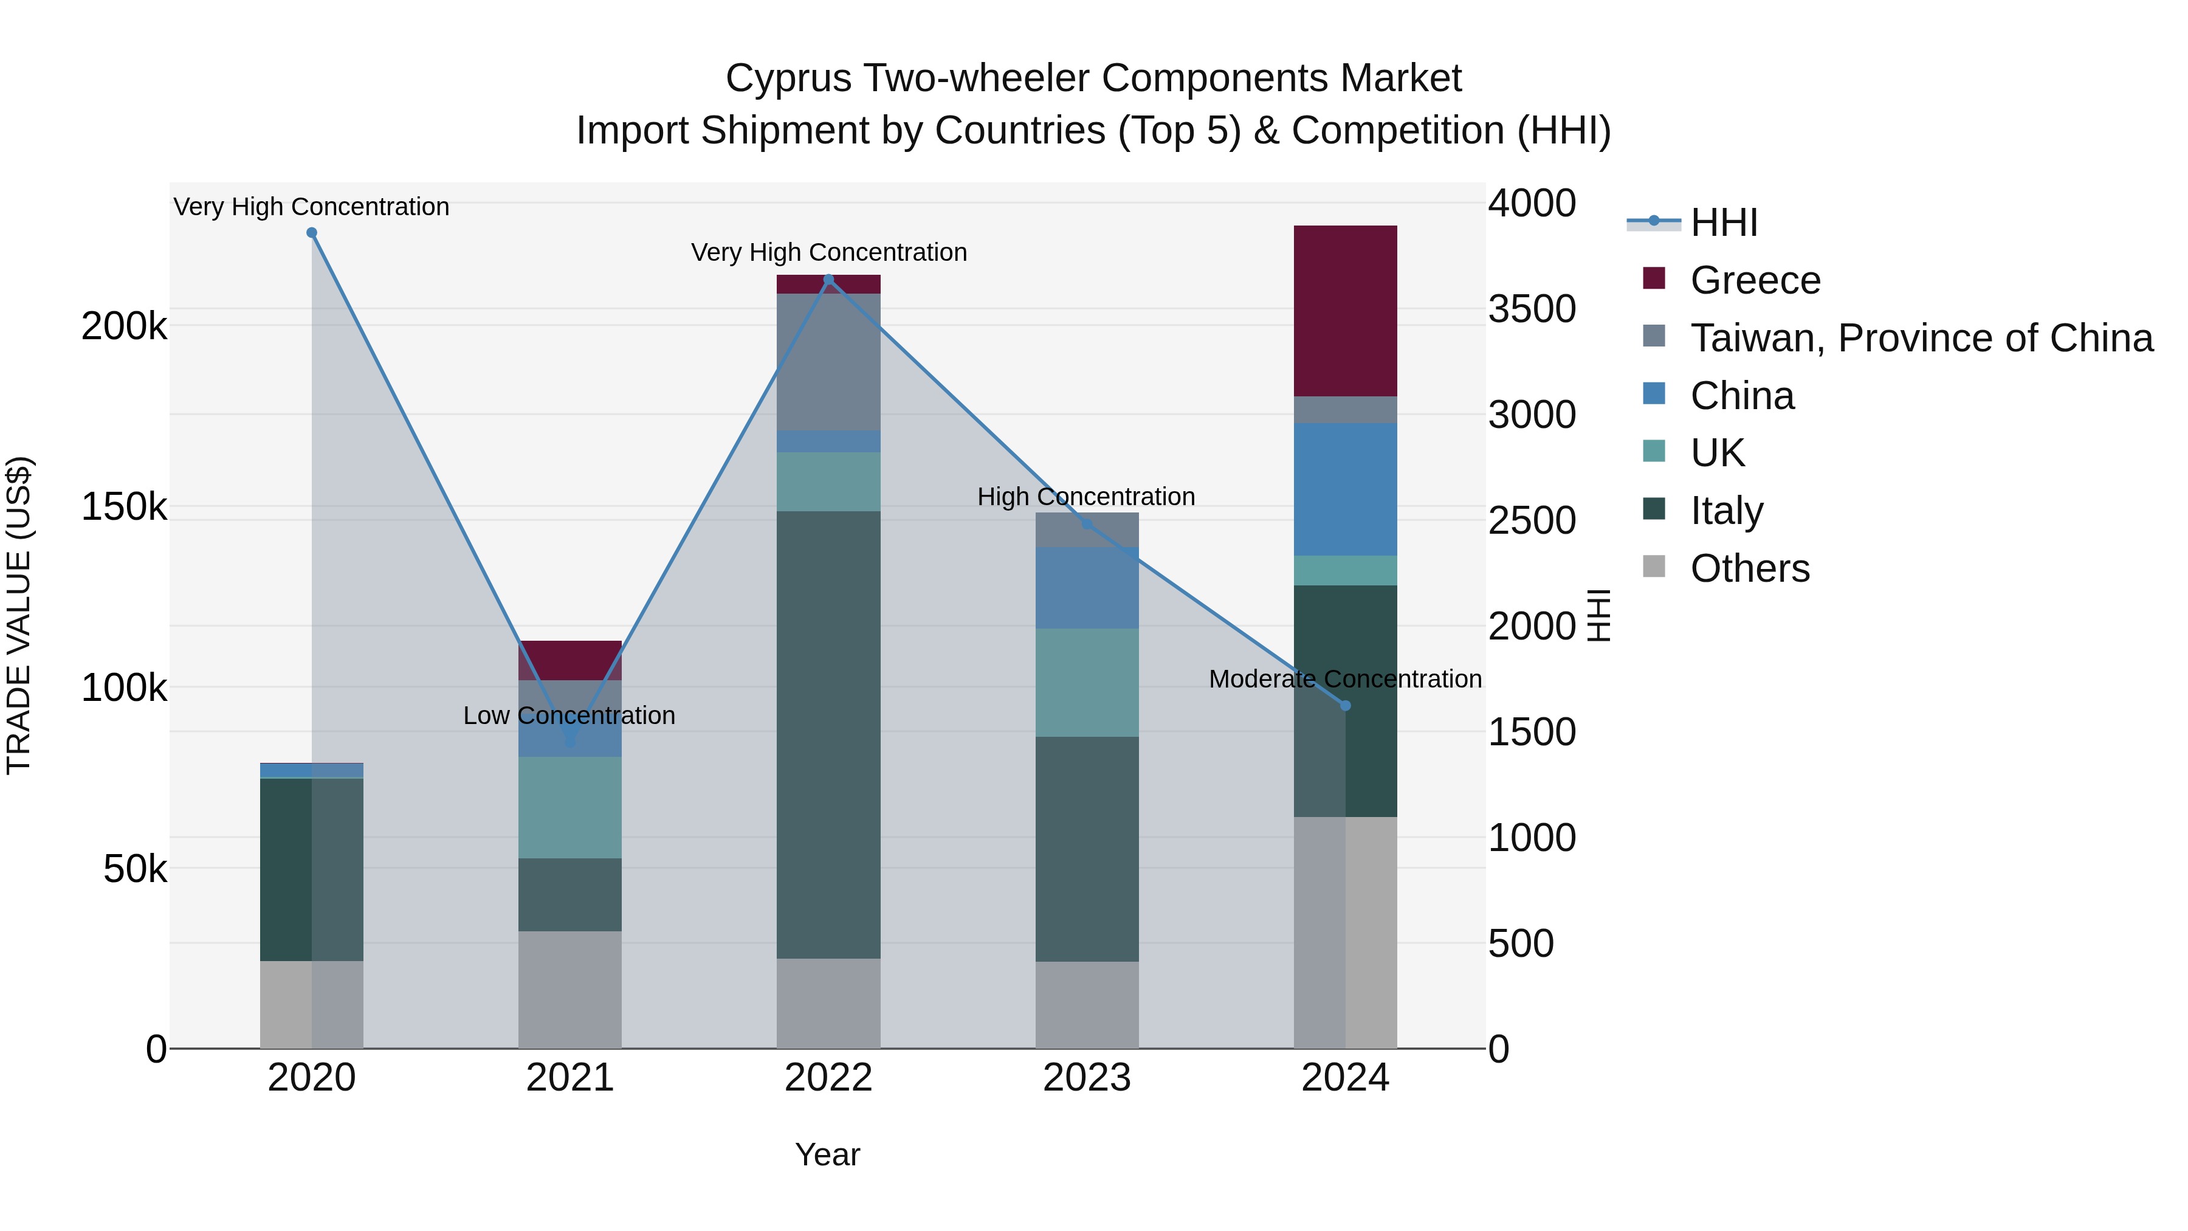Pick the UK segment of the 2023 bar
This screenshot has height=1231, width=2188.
coord(1086,682)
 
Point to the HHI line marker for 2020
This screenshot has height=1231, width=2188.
coord(312,233)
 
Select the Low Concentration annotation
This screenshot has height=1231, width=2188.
coord(569,715)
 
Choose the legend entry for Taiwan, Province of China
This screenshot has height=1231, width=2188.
coord(1921,338)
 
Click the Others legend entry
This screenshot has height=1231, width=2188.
coord(1750,568)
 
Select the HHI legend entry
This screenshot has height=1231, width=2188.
coord(1724,222)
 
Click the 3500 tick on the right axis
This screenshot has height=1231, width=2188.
coord(1532,309)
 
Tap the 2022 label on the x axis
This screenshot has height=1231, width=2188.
coord(828,1078)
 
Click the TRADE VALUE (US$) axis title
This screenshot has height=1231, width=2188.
coord(19,615)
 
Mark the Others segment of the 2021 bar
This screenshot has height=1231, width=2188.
coord(570,989)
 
